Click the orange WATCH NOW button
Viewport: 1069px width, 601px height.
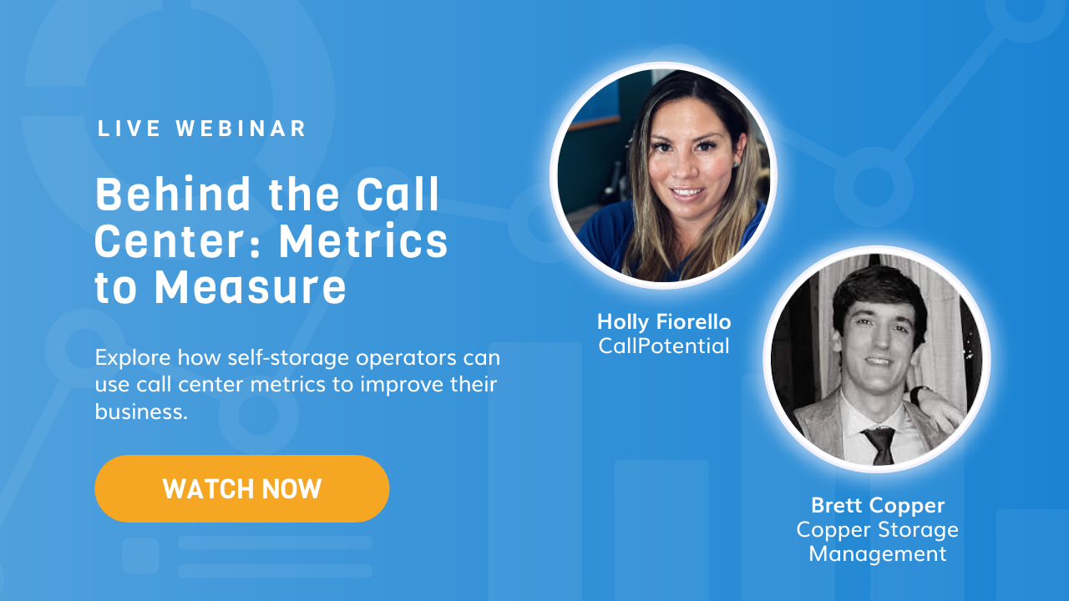coord(241,488)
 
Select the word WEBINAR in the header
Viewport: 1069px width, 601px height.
coord(241,129)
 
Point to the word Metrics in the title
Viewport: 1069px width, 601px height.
coord(363,241)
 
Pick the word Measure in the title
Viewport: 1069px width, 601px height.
coord(250,287)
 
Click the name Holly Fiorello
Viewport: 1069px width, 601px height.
coord(663,321)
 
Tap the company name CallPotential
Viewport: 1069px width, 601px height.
coord(663,345)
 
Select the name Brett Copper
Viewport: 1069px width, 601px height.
coord(877,505)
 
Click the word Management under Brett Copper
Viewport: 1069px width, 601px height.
coord(877,553)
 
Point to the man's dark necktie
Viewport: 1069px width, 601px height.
coord(879,442)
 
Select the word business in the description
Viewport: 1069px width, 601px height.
coord(139,411)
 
